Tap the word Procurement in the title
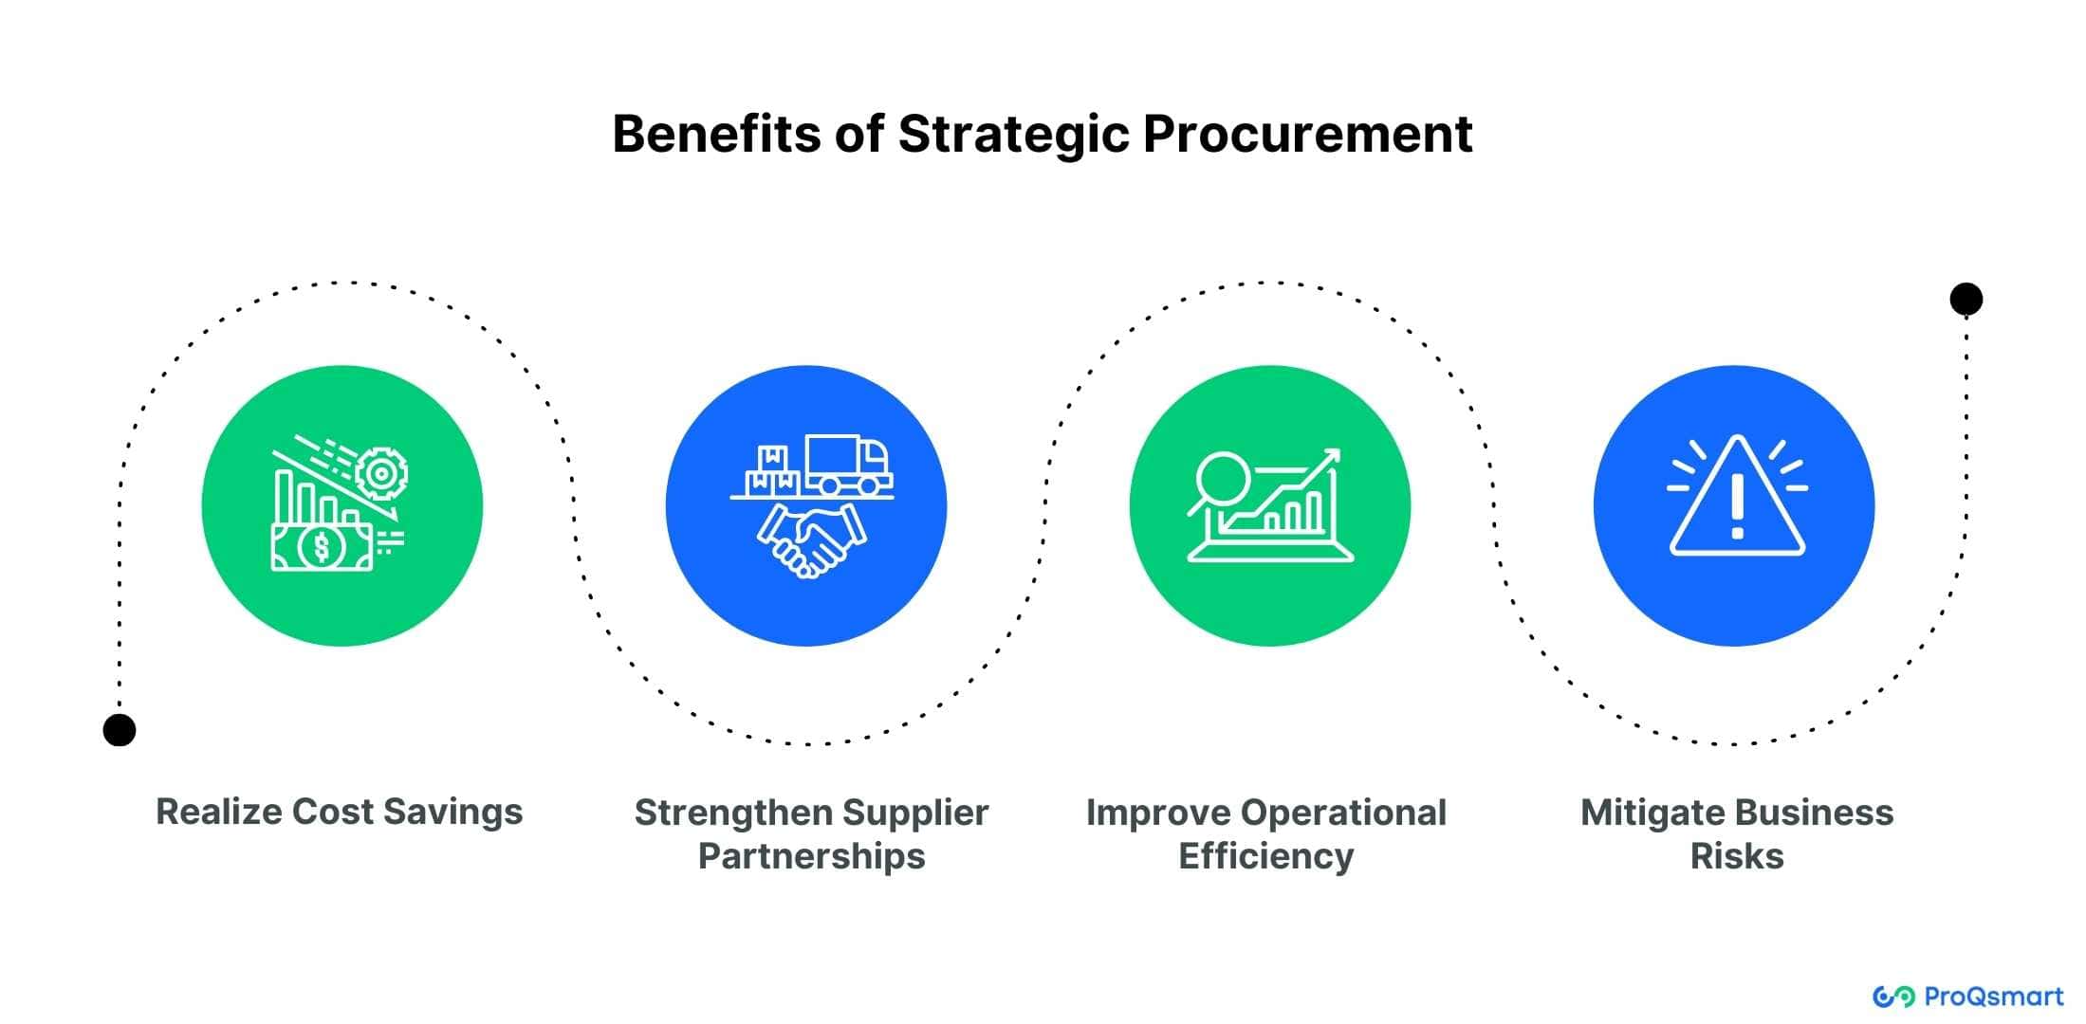click(x=1307, y=134)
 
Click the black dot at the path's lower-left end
click(x=120, y=730)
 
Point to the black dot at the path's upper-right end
click(x=1966, y=300)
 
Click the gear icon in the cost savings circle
click(x=381, y=473)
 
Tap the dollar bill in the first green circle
click(x=322, y=547)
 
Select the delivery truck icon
click(x=847, y=466)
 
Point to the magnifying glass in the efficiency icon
click(x=1219, y=482)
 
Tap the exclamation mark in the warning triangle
click(x=1737, y=506)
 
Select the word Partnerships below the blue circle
click(x=811, y=856)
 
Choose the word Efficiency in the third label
click(x=1266, y=856)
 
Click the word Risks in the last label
click(x=1737, y=856)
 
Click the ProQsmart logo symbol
click(x=1893, y=997)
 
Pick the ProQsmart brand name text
click(x=1993, y=997)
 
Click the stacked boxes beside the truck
click(x=772, y=470)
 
